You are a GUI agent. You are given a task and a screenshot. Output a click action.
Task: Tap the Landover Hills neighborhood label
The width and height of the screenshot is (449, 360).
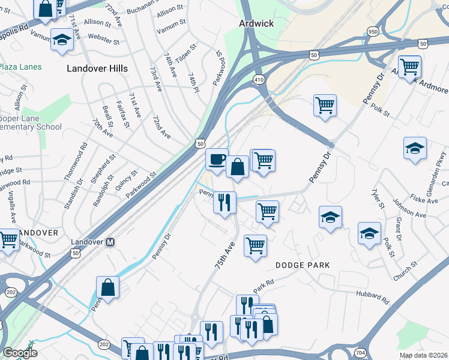click(97, 68)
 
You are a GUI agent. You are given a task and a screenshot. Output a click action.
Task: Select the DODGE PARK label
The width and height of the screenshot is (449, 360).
click(303, 265)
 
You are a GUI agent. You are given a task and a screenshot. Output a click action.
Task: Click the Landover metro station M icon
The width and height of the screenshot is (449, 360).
click(110, 242)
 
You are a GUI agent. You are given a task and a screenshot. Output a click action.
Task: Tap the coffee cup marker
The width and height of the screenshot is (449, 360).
click(217, 160)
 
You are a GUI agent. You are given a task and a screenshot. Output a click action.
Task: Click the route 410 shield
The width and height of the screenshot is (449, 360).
click(259, 79)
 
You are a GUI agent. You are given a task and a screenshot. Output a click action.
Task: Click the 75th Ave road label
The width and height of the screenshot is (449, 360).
click(224, 255)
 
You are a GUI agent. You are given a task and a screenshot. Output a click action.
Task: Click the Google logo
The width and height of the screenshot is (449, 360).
click(20, 353)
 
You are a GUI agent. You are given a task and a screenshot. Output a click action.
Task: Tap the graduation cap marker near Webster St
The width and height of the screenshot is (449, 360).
click(61, 40)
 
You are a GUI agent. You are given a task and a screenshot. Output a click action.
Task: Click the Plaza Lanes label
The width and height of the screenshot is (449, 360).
click(21, 67)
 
